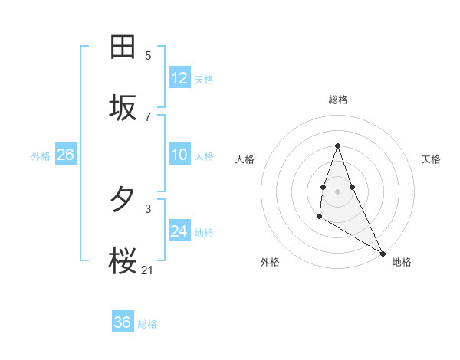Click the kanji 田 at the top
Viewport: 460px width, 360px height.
click(x=123, y=47)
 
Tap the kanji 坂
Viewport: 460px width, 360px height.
click(x=123, y=109)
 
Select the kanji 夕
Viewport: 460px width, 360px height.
click(x=123, y=200)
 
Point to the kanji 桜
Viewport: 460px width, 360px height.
click(x=123, y=262)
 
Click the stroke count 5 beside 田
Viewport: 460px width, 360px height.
click(x=148, y=55)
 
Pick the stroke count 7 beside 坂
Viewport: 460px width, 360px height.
click(x=148, y=116)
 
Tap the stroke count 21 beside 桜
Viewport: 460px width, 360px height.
click(x=148, y=270)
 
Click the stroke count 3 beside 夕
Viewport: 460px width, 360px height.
click(x=148, y=208)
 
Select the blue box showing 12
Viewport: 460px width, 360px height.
click(x=179, y=78)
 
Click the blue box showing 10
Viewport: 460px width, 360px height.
click(x=179, y=155)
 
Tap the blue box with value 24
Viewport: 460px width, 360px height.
click(x=179, y=231)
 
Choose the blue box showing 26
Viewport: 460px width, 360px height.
click(x=65, y=155)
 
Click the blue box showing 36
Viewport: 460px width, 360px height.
click(x=123, y=322)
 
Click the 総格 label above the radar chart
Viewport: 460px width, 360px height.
click(x=337, y=100)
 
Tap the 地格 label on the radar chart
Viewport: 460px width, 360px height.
click(x=402, y=263)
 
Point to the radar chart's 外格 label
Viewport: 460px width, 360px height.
click(x=270, y=263)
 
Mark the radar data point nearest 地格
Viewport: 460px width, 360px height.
click(x=383, y=254)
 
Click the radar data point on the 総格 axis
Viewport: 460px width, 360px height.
click(x=337, y=146)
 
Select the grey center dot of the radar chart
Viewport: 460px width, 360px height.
click(x=337, y=190)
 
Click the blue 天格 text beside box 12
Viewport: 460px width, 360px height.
click(x=204, y=79)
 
